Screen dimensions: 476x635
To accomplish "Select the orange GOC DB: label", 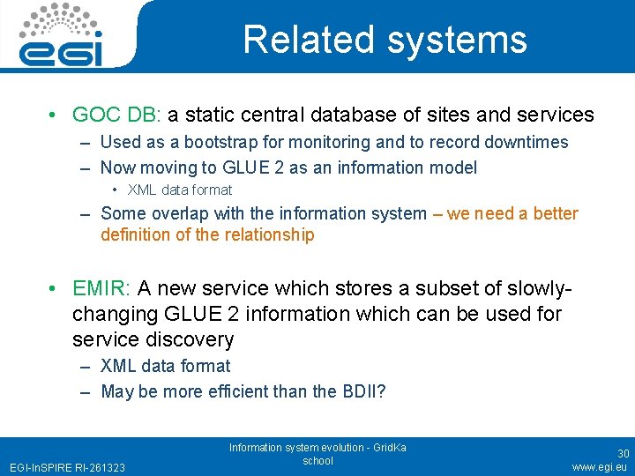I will click(117, 115).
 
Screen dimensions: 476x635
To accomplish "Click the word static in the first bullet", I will click(207, 115).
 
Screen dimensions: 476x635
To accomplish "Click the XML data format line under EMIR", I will click(165, 366).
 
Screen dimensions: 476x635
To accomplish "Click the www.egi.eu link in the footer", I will click(601, 466).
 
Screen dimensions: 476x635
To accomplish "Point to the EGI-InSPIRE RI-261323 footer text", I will click(67, 466).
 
